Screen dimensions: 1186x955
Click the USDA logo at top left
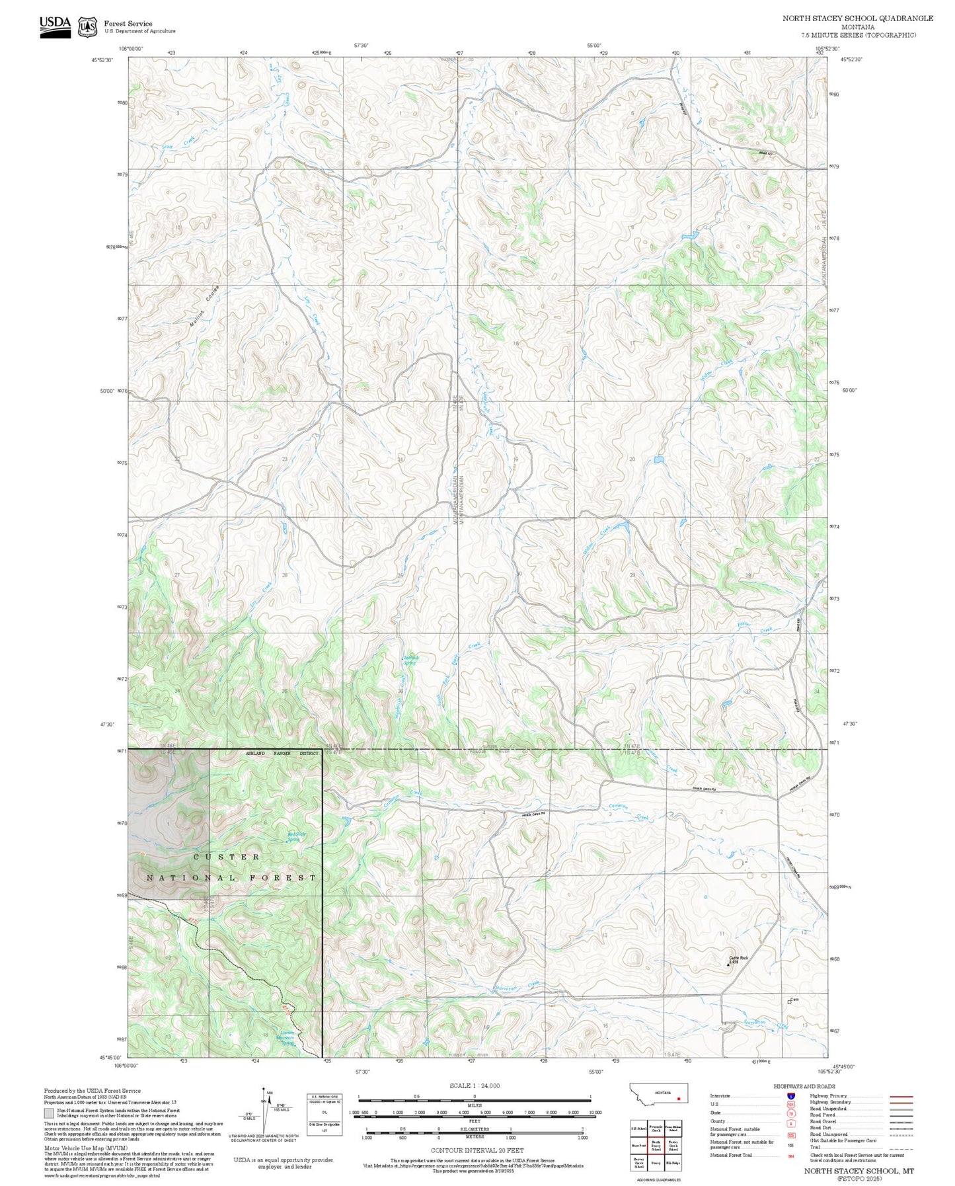54,26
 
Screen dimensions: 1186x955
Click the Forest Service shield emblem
87,27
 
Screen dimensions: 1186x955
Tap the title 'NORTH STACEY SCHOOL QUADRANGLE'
857,19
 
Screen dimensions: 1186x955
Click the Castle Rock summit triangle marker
729,965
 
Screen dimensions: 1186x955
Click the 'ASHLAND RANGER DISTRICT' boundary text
282,753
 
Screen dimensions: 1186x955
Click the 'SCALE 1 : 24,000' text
475,1085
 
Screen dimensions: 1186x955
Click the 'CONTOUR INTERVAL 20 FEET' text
477,1151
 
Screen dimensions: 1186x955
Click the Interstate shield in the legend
790,1096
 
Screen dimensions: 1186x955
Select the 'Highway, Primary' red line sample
901,1096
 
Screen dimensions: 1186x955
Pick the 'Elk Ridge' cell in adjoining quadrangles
673,1162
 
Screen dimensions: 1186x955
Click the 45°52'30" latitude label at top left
102,59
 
